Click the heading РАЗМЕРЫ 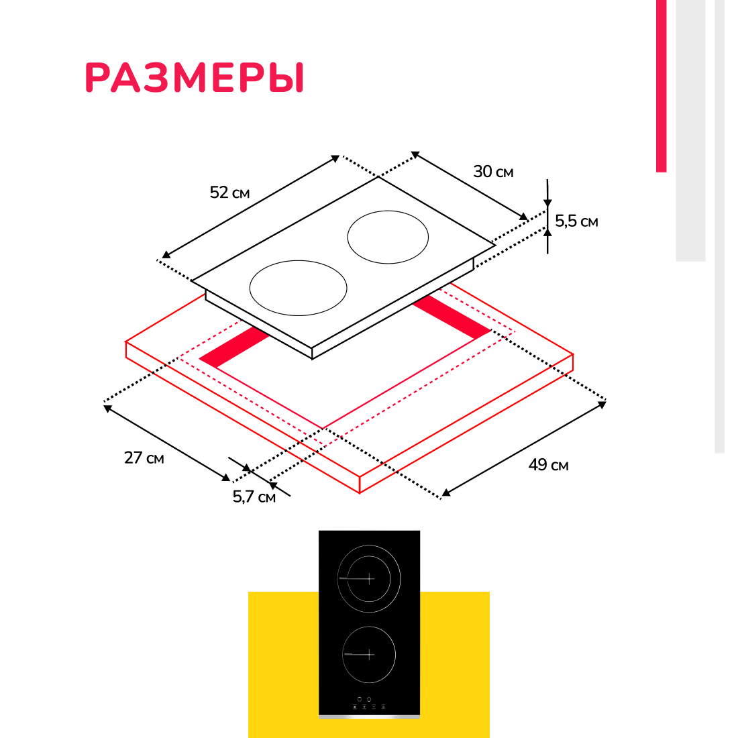194,77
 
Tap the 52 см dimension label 229,193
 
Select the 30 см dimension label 493,172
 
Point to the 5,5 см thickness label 576,221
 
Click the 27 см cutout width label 144,458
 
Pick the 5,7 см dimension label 254,496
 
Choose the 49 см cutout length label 548,465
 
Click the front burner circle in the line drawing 250,288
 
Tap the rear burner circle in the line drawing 348,238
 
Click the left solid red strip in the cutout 234,347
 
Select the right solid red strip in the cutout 452,317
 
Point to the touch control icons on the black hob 369,704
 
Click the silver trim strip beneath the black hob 369,717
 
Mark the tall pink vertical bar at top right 662,86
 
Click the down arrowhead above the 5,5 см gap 547,203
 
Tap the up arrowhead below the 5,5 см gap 547,231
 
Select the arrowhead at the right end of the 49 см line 602,405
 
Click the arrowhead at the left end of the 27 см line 108,409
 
